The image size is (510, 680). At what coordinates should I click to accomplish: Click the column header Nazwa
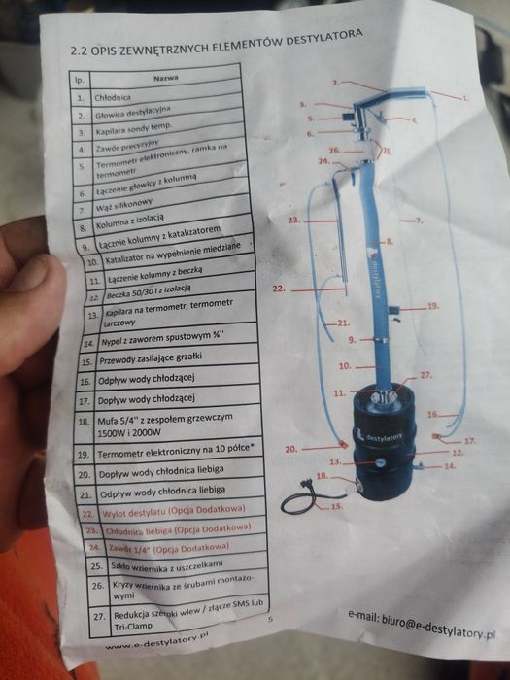[163, 78]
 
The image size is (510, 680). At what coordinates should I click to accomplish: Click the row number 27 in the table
[98, 618]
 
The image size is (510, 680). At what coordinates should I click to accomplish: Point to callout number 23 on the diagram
[294, 221]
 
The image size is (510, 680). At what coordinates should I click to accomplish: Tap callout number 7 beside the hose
[421, 221]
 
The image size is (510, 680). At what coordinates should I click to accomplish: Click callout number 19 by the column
[432, 306]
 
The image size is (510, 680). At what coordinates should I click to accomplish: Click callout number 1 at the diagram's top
[464, 98]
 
